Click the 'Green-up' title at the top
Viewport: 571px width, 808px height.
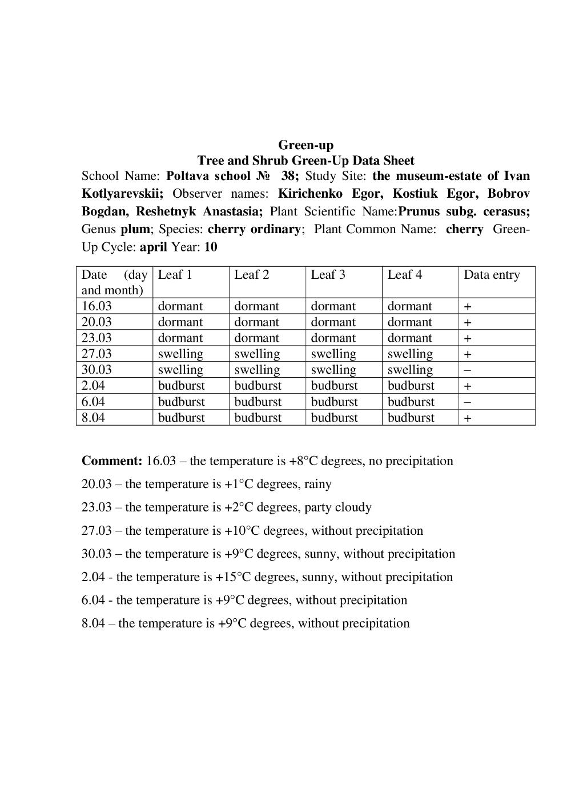click(x=305, y=145)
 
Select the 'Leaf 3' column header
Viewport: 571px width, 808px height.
click(x=328, y=275)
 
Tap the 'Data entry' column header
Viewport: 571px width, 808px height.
click(x=492, y=275)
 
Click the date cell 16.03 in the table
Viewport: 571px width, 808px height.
click(x=96, y=306)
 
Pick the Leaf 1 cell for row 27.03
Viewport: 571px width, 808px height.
click(x=180, y=354)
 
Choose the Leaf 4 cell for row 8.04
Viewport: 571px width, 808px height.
click(x=411, y=418)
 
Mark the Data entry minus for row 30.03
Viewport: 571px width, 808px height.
click(x=467, y=370)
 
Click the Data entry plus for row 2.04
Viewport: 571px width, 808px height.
click(x=467, y=386)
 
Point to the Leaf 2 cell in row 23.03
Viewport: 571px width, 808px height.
click(x=256, y=338)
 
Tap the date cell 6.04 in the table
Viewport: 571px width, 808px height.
click(x=93, y=402)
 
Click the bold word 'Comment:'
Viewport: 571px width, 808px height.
click(x=112, y=461)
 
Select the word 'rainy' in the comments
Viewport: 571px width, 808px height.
click(x=317, y=485)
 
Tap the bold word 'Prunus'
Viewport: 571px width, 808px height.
click(x=419, y=211)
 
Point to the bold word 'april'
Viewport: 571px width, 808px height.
click(x=153, y=247)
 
